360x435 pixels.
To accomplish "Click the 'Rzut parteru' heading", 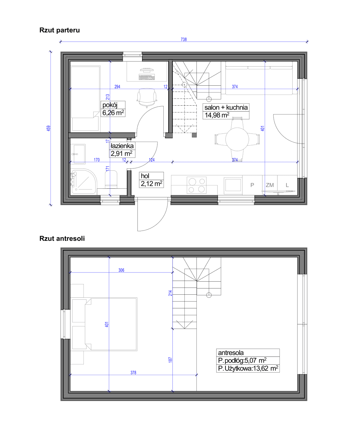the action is pyautogui.click(x=60, y=30).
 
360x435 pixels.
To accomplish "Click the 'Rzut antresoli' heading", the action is pyautogui.click(x=62, y=238).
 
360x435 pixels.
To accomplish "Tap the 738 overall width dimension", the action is pyautogui.click(x=184, y=39).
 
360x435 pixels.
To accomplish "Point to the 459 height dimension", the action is pyautogui.click(x=48, y=128).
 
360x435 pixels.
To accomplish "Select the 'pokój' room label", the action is pyautogui.click(x=110, y=105).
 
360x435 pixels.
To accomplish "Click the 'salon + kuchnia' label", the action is pyautogui.click(x=226, y=108).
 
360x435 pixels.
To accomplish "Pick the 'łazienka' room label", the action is pyautogui.click(x=122, y=146).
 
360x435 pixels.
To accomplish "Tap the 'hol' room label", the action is pyautogui.click(x=145, y=176).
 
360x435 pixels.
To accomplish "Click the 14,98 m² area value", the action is pyautogui.click(x=217, y=115).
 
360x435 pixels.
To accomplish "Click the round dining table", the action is pyautogui.click(x=237, y=139).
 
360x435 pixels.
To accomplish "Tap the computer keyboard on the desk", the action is pyautogui.click(x=147, y=77).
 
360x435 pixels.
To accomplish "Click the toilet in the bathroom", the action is pyautogui.click(x=111, y=179).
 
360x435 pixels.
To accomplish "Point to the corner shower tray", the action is pyautogui.click(x=84, y=182).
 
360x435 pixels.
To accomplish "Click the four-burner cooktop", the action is pyautogui.click(x=197, y=185).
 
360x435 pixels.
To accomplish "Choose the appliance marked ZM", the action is pyautogui.click(x=270, y=185).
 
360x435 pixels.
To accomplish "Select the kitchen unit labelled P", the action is pyautogui.click(x=252, y=185).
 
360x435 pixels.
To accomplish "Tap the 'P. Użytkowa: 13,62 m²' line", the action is pyautogui.click(x=248, y=368).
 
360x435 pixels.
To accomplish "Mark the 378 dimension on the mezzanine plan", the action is pyautogui.click(x=134, y=373).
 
